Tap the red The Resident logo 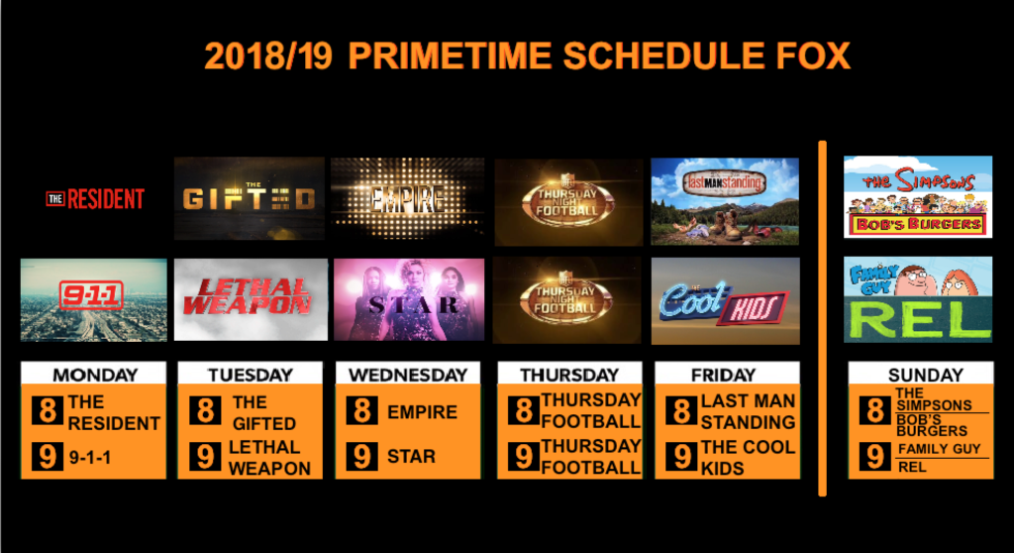click(95, 199)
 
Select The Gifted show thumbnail click(249, 198)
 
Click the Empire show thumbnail click(407, 198)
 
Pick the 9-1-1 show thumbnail click(94, 300)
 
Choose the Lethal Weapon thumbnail click(251, 300)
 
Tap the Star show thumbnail click(409, 300)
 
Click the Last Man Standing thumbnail click(725, 201)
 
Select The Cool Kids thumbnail click(726, 301)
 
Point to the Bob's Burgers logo click(918, 224)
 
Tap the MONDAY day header click(95, 375)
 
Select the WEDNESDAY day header click(408, 375)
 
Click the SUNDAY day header click(926, 375)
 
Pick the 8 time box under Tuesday click(206, 410)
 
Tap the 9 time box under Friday click(681, 457)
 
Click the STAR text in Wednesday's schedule click(411, 457)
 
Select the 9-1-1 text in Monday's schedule click(90, 458)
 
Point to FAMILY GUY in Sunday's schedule click(939, 449)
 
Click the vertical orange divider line click(823, 318)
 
